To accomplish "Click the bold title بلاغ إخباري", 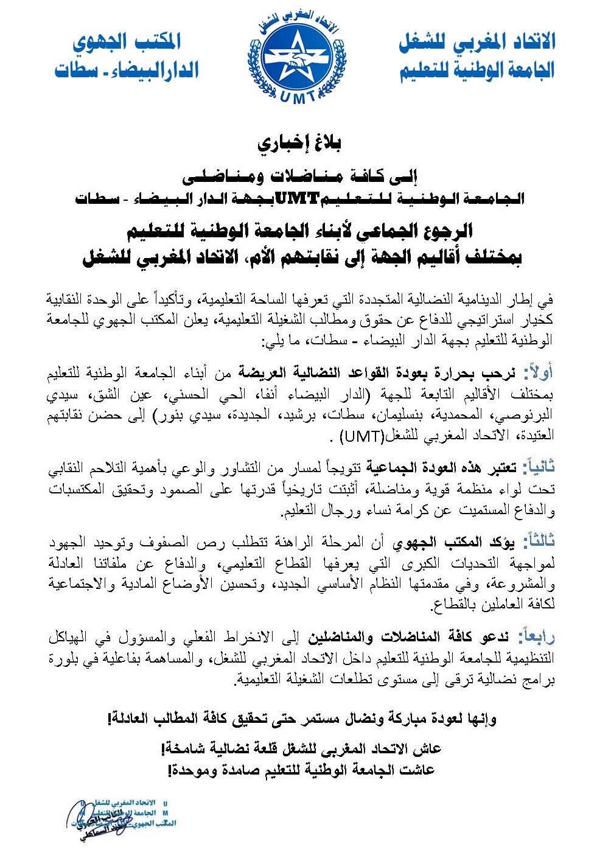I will click(304, 144).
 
